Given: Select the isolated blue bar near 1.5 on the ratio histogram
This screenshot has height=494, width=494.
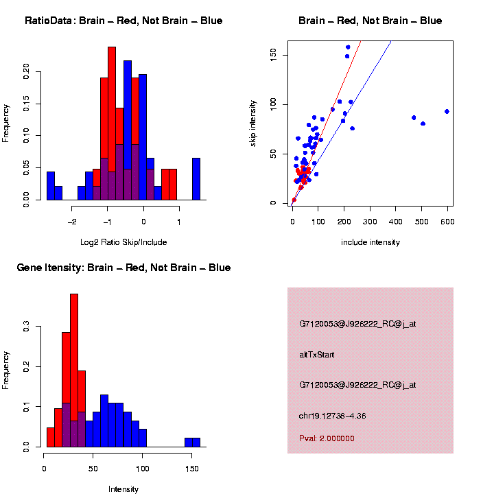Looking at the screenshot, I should (196, 178).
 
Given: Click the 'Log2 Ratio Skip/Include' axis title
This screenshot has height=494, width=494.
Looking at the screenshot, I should (123, 242).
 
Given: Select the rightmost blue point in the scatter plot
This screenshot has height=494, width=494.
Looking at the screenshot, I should (447, 111).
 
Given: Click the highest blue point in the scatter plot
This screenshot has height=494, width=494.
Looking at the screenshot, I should (348, 47).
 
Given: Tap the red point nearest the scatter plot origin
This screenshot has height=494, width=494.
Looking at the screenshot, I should (294, 200).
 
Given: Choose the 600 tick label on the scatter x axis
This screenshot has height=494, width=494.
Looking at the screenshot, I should (447, 222).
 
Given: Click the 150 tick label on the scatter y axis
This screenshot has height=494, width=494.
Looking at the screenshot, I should (273, 55).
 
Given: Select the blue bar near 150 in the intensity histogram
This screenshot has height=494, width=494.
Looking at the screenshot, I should (196, 442).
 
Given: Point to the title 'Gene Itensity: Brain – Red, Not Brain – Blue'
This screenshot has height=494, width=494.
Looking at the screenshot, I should (123, 268).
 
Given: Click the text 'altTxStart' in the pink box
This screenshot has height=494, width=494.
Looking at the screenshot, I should (316, 355).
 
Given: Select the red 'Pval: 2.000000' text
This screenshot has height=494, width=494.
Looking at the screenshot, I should (327, 438).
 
